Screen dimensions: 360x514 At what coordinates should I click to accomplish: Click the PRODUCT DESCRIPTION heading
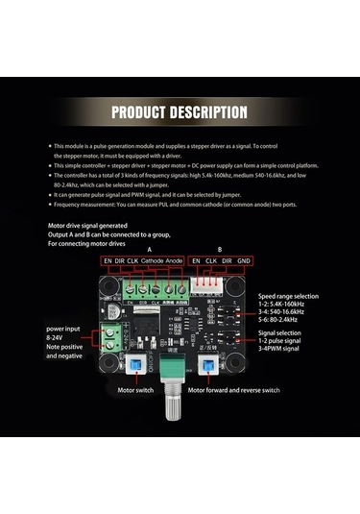[180, 112]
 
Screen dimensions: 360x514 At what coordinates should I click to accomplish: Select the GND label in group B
[245, 259]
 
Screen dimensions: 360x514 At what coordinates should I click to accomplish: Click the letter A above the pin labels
[147, 246]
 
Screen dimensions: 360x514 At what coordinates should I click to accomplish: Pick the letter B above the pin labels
[220, 246]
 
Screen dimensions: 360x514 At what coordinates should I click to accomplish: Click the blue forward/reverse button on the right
[233, 363]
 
